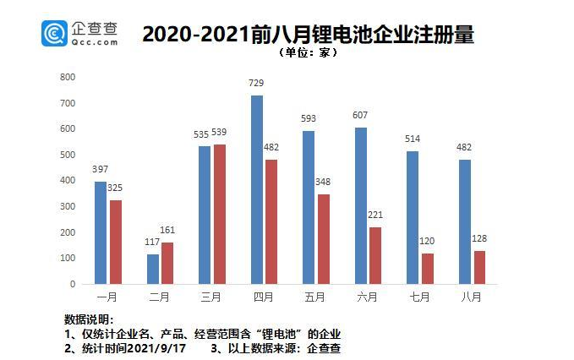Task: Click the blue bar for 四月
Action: [x=257, y=189]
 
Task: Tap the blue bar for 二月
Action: [x=153, y=269]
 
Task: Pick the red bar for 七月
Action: [x=428, y=268]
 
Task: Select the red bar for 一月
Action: [x=115, y=242]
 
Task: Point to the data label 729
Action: [x=257, y=85]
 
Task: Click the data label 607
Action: [x=361, y=116]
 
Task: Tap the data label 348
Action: [x=323, y=183]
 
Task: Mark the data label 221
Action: [x=375, y=215]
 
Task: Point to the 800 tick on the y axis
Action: [x=68, y=77]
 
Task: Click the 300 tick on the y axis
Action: [x=68, y=206]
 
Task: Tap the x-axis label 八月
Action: [x=471, y=297]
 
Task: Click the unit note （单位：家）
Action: [x=307, y=52]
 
